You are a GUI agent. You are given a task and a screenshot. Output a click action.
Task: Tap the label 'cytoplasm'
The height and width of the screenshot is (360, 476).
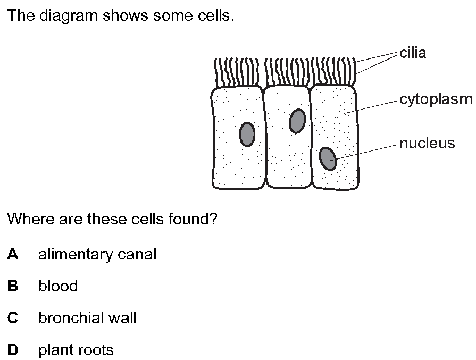[436, 99]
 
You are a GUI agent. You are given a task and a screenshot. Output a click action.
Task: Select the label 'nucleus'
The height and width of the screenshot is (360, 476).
[427, 143]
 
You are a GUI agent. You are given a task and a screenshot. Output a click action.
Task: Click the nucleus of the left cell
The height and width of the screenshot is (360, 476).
[247, 133]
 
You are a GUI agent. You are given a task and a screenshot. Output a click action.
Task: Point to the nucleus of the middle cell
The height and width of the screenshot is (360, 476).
[297, 121]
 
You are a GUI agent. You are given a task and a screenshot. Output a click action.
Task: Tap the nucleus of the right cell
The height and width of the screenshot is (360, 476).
[328, 158]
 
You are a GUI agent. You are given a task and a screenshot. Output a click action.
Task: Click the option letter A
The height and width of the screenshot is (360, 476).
[13, 254]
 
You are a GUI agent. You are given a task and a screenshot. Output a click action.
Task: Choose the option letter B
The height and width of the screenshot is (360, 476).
[13, 286]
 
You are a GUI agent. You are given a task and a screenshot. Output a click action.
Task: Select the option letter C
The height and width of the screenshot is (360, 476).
[13, 318]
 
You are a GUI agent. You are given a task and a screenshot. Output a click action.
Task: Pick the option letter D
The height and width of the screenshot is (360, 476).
[13, 350]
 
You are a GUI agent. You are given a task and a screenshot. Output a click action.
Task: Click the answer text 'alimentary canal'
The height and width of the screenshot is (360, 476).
[97, 254]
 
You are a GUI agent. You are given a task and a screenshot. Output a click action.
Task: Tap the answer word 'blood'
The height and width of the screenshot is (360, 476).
[58, 286]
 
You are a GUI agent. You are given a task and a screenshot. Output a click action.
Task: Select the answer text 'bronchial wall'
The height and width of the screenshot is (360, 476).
[87, 318]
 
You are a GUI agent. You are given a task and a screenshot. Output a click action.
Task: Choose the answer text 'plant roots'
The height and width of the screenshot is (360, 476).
[76, 350]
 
